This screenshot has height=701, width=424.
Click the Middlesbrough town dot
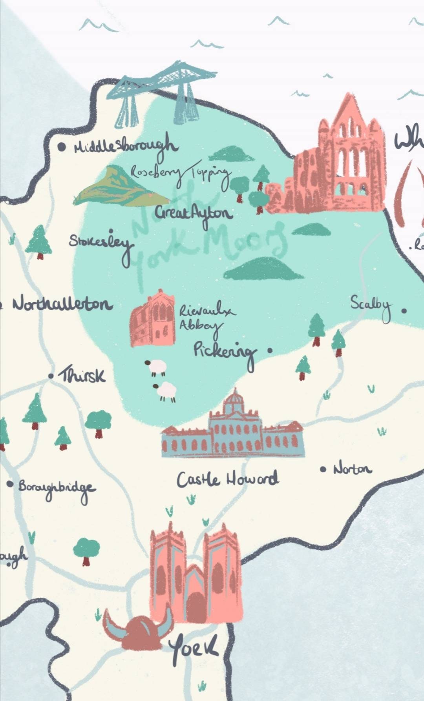(62, 147)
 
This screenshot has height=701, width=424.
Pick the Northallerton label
(62, 304)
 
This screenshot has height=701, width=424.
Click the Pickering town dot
(270, 350)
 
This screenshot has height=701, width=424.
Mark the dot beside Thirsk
(51, 376)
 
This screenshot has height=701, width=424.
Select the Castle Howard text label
(228, 479)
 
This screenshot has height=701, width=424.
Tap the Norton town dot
(323, 469)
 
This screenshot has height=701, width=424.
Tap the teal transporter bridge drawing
(157, 92)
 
